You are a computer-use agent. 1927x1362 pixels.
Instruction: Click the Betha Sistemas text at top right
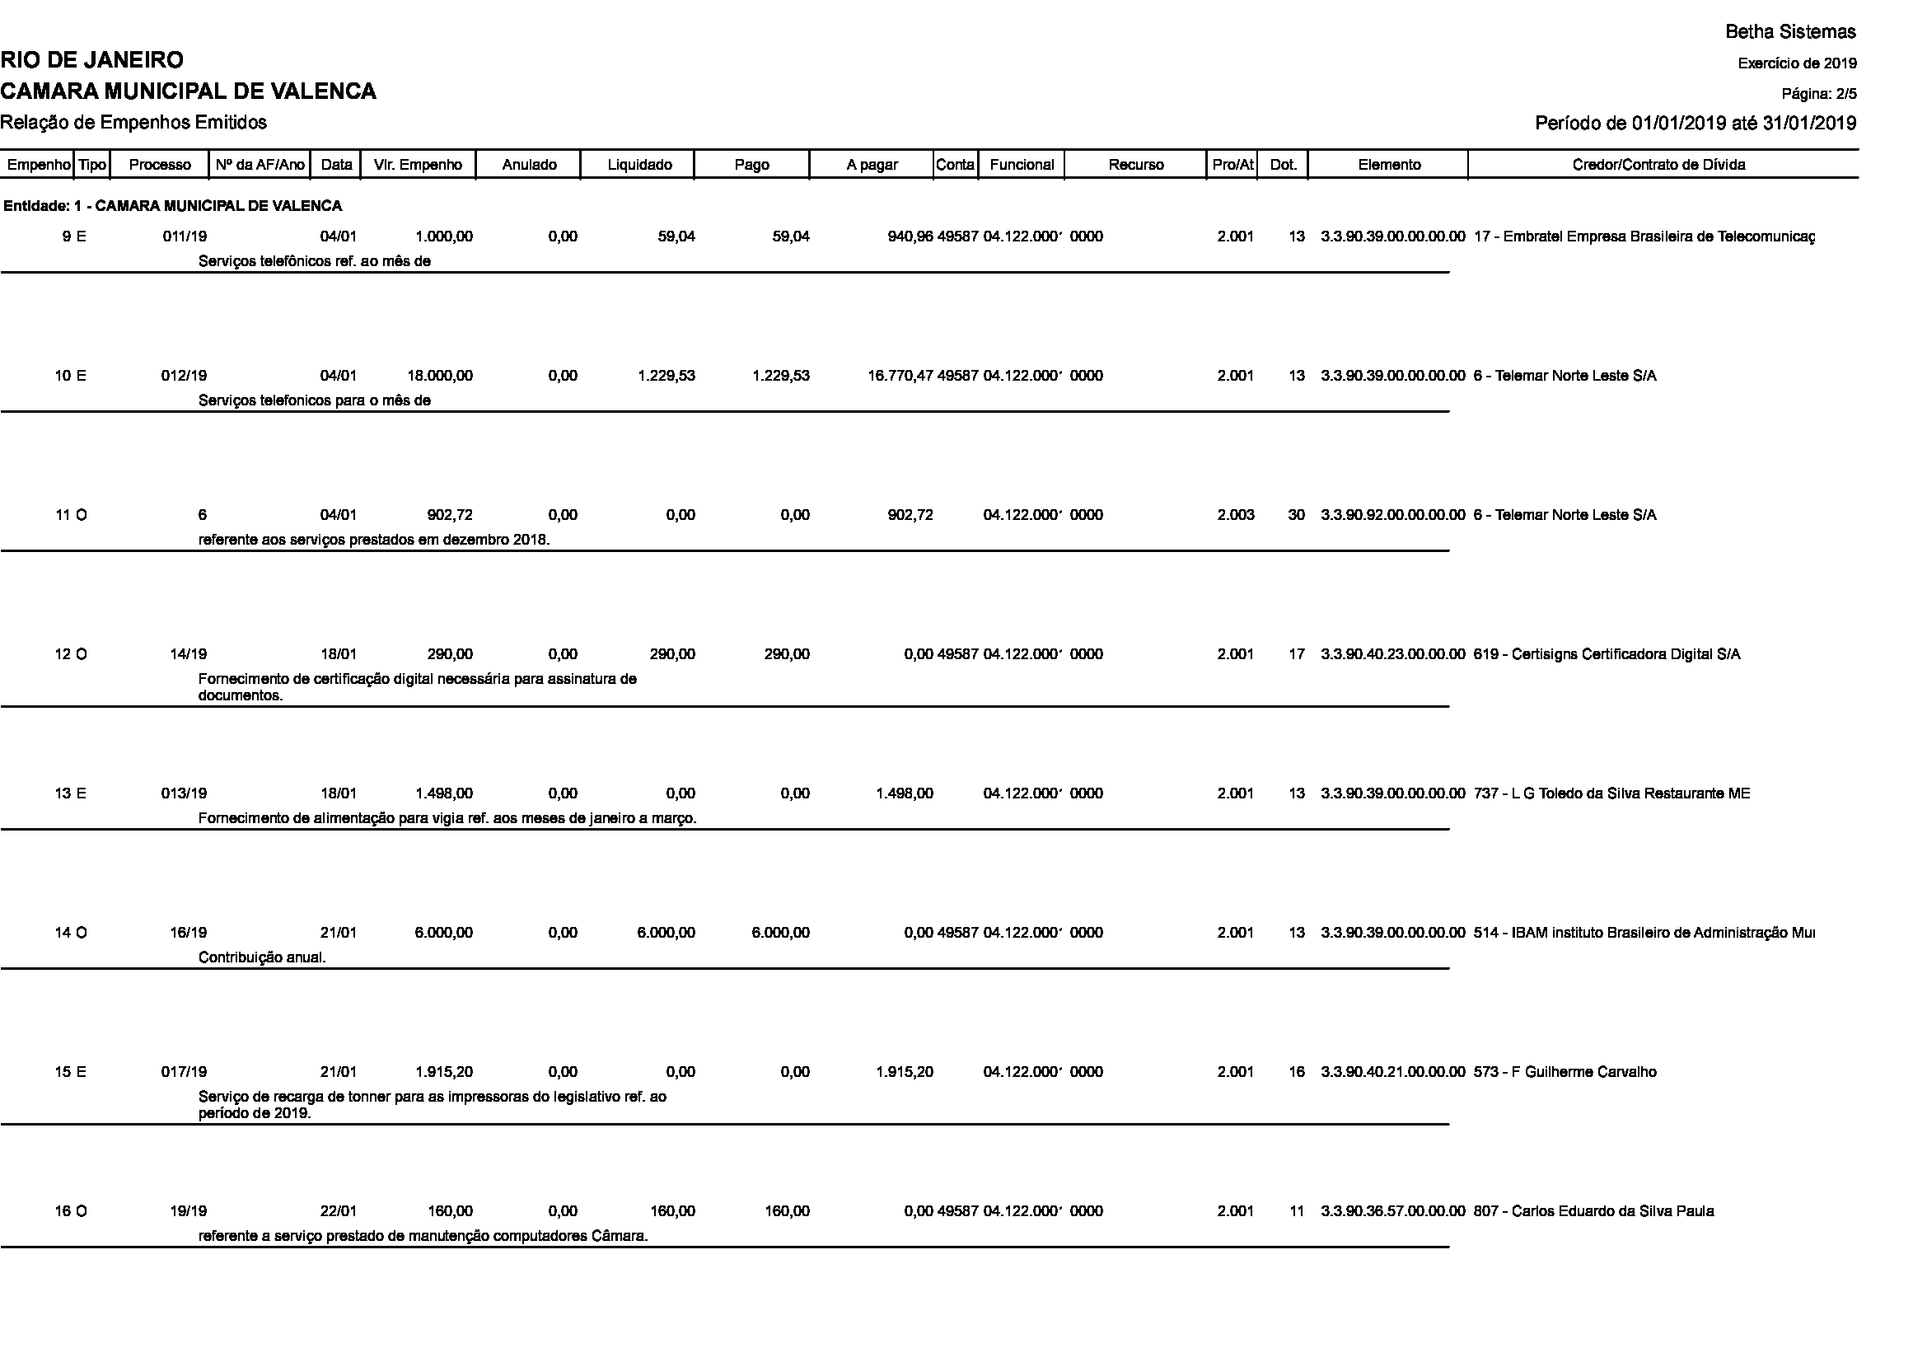click(1790, 32)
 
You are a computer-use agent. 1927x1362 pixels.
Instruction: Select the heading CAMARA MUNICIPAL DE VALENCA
click(188, 91)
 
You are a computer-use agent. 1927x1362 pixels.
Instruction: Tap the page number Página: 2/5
click(1819, 94)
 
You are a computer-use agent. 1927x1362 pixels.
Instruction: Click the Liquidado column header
click(639, 165)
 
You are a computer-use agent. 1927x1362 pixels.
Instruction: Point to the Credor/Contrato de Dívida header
click(1658, 165)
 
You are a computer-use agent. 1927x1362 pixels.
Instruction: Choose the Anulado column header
click(529, 165)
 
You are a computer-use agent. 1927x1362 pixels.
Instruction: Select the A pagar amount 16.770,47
click(900, 376)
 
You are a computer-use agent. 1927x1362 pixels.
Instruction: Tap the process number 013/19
click(184, 793)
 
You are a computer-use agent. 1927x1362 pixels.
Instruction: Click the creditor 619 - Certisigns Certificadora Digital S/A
click(1607, 654)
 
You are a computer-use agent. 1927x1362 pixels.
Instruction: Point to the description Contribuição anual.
click(262, 957)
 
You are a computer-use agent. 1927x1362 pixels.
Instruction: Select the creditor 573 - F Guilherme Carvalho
click(1565, 1073)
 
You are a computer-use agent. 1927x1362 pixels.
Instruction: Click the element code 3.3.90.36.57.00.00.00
click(1392, 1212)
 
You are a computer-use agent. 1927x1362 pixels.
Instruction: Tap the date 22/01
click(339, 1212)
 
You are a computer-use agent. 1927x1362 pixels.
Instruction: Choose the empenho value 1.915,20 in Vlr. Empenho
click(444, 1073)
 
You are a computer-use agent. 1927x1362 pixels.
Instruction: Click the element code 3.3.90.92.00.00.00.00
click(1392, 515)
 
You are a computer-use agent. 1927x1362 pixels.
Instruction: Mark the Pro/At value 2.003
click(1236, 515)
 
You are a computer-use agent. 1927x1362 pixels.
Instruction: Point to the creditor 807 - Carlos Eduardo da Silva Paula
click(1593, 1212)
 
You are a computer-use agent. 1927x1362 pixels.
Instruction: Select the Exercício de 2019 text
click(1797, 63)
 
